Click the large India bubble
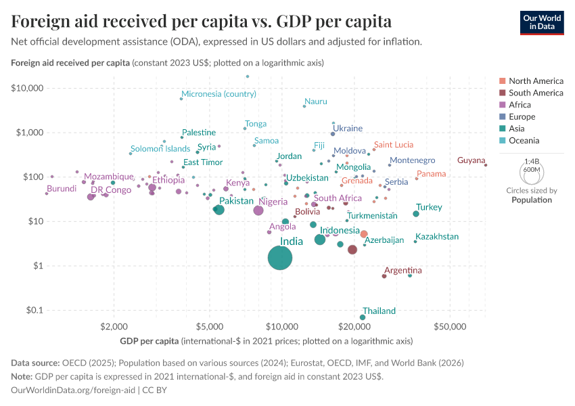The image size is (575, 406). (x=280, y=258)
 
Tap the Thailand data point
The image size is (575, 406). (x=363, y=317)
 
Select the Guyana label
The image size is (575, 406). (x=471, y=160)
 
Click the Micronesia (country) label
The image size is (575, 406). (x=218, y=94)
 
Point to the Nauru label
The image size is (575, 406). (x=316, y=101)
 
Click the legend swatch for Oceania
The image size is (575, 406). (x=501, y=141)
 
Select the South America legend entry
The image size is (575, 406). (x=535, y=93)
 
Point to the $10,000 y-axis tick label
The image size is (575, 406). (x=27, y=88)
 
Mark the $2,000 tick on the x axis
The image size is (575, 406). (x=113, y=327)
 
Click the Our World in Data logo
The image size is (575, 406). (x=541, y=22)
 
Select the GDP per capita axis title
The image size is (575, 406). (x=149, y=340)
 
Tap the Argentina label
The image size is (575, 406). (x=402, y=271)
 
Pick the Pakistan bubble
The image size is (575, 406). (x=218, y=210)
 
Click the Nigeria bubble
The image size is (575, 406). (x=258, y=210)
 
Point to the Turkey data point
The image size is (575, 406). (x=416, y=214)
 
